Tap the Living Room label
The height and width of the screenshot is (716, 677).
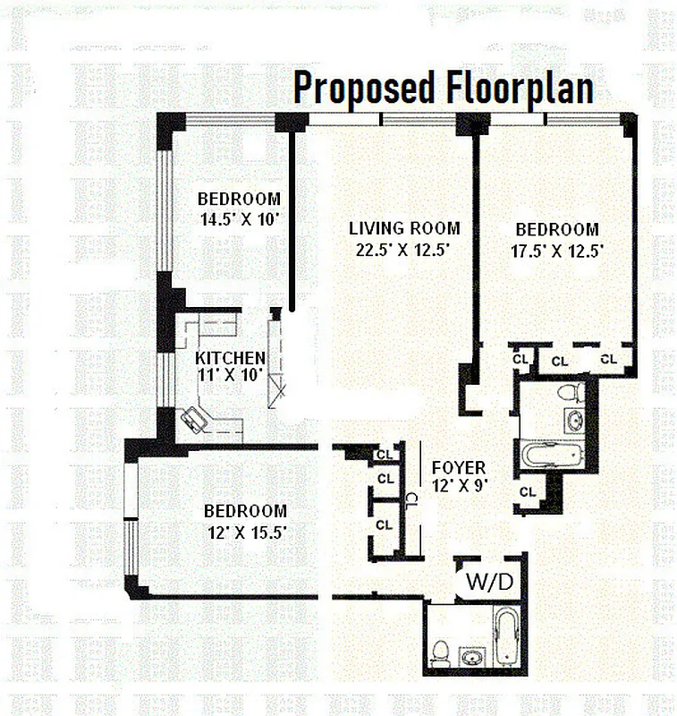tap(404, 228)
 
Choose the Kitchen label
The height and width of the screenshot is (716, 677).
tap(230, 357)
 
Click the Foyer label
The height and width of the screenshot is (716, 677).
tap(458, 468)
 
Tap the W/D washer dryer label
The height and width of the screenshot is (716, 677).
tap(489, 581)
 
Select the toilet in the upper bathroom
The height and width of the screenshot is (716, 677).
tap(570, 392)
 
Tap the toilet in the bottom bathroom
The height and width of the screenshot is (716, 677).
tap(439, 652)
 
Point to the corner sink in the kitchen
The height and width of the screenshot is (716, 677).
tap(194, 419)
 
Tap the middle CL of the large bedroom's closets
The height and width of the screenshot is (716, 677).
tap(559, 362)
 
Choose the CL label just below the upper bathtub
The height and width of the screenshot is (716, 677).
tap(528, 491)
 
